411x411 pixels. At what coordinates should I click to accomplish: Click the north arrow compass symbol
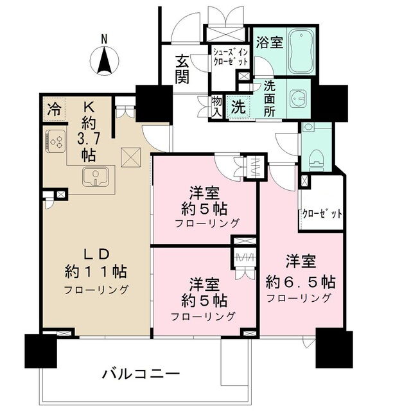[104, 60]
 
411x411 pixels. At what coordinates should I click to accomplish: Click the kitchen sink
[95, 177]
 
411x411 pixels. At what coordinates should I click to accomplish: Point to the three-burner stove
[55, 141]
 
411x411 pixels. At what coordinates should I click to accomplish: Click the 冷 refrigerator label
[54, 109]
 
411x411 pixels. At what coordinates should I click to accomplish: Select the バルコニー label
[141, 374]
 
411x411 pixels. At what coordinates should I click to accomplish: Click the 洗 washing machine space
[238, 107]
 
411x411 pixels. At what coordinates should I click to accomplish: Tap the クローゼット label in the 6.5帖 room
[322, 214]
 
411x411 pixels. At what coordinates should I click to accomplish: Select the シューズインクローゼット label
[231, 57]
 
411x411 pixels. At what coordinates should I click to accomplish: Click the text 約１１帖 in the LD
[96, 272]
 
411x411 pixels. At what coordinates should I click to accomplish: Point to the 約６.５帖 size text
[301, 283]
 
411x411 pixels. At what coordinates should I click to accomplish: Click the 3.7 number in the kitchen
[89, 139]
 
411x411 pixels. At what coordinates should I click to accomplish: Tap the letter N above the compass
[104, 40]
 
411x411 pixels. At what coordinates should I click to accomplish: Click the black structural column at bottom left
[41, 351]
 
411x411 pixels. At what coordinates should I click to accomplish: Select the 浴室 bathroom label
[270, 42]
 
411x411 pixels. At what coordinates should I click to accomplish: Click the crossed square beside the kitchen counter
[131, 157]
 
